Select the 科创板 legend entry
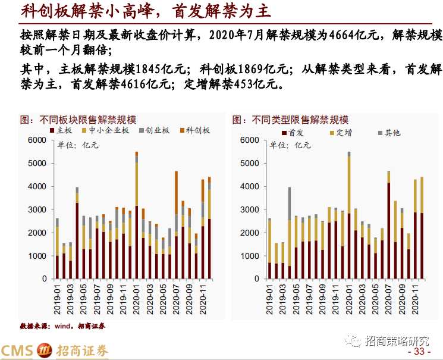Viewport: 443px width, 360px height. (x=194, y=130)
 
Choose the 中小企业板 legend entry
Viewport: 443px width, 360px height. (x=108, y=130)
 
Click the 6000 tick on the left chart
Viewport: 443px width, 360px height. (x=37, y=140)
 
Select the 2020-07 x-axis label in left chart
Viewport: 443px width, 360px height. (x=177, y=298)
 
